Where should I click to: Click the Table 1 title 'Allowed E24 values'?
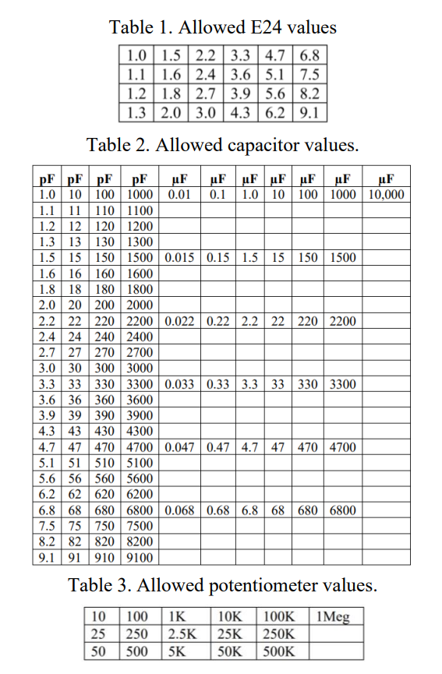(x=222, y=27)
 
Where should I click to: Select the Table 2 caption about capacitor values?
(x=222, y=145)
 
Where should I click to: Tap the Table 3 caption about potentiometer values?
(x=222, y=585)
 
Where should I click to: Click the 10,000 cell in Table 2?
(x=386, y=194)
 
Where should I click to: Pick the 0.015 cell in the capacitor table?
(x=180, y=257)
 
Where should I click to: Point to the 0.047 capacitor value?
(x=180, y=447)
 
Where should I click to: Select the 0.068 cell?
(x=180, y=510)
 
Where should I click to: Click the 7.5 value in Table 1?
(x=310, y=75)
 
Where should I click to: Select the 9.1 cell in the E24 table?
(x=310, y=111)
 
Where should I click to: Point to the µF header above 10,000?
(x=386, y=178)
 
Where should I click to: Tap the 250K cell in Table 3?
(x=281, y=633)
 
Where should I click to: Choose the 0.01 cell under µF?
(x=180, y=194)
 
